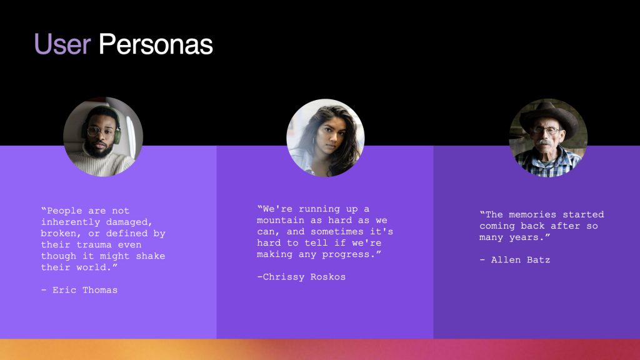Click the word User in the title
point(62,44)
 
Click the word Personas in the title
point(156,44)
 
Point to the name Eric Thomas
point(85,290)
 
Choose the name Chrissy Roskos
point(304,277)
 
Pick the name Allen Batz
point(521,260)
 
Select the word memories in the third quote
point(532,215)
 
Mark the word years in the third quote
point(524,237)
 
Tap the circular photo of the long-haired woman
point(325,137)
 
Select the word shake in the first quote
point(151,256)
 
